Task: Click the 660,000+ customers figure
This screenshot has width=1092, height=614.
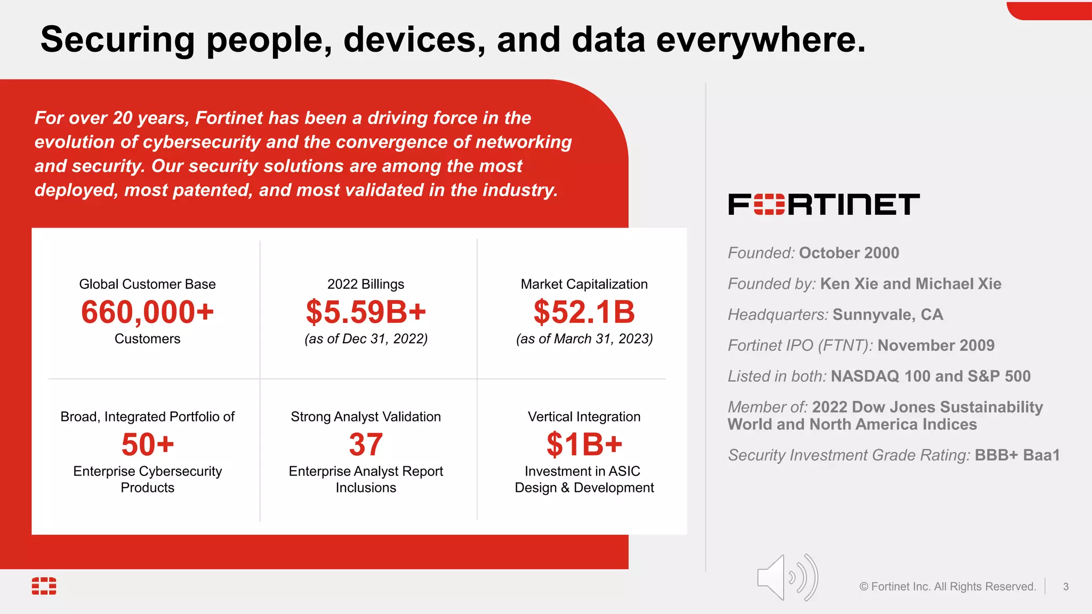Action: (x=147, y=312)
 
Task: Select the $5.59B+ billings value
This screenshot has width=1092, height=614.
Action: (x=366, y=312)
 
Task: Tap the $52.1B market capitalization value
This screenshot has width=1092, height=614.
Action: (x=584, y=312)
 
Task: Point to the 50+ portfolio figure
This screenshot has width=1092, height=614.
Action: (x=148, y=445)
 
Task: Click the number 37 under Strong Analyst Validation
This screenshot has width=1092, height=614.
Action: (x=366, y=445)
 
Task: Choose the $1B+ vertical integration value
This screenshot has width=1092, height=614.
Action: (x=584, y=445)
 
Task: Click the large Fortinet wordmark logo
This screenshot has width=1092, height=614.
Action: (x=824, y=205)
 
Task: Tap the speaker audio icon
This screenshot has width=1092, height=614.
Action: (x=787, y=578)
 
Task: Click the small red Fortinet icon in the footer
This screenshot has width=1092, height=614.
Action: (x=44, y=586)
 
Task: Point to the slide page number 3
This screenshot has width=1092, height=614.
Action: (x=1065, y=587)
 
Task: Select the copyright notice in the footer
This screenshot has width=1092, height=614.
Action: (x=948, y=587)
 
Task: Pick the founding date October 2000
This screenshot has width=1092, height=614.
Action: (x=849, y=253)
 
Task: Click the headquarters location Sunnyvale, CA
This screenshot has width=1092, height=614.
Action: (x=888, y=314)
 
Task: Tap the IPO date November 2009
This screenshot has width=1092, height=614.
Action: (x=936, y=345)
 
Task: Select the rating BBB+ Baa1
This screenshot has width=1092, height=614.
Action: (x=1017, y=455)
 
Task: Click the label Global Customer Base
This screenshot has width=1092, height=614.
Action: (x=148, y=284)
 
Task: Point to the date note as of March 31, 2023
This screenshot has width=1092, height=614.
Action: (x=584, y=339)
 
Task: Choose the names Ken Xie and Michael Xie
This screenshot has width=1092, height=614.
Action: (x=911, y=284)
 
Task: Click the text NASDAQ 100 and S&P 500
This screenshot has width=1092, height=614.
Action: (x=930, y=376)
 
